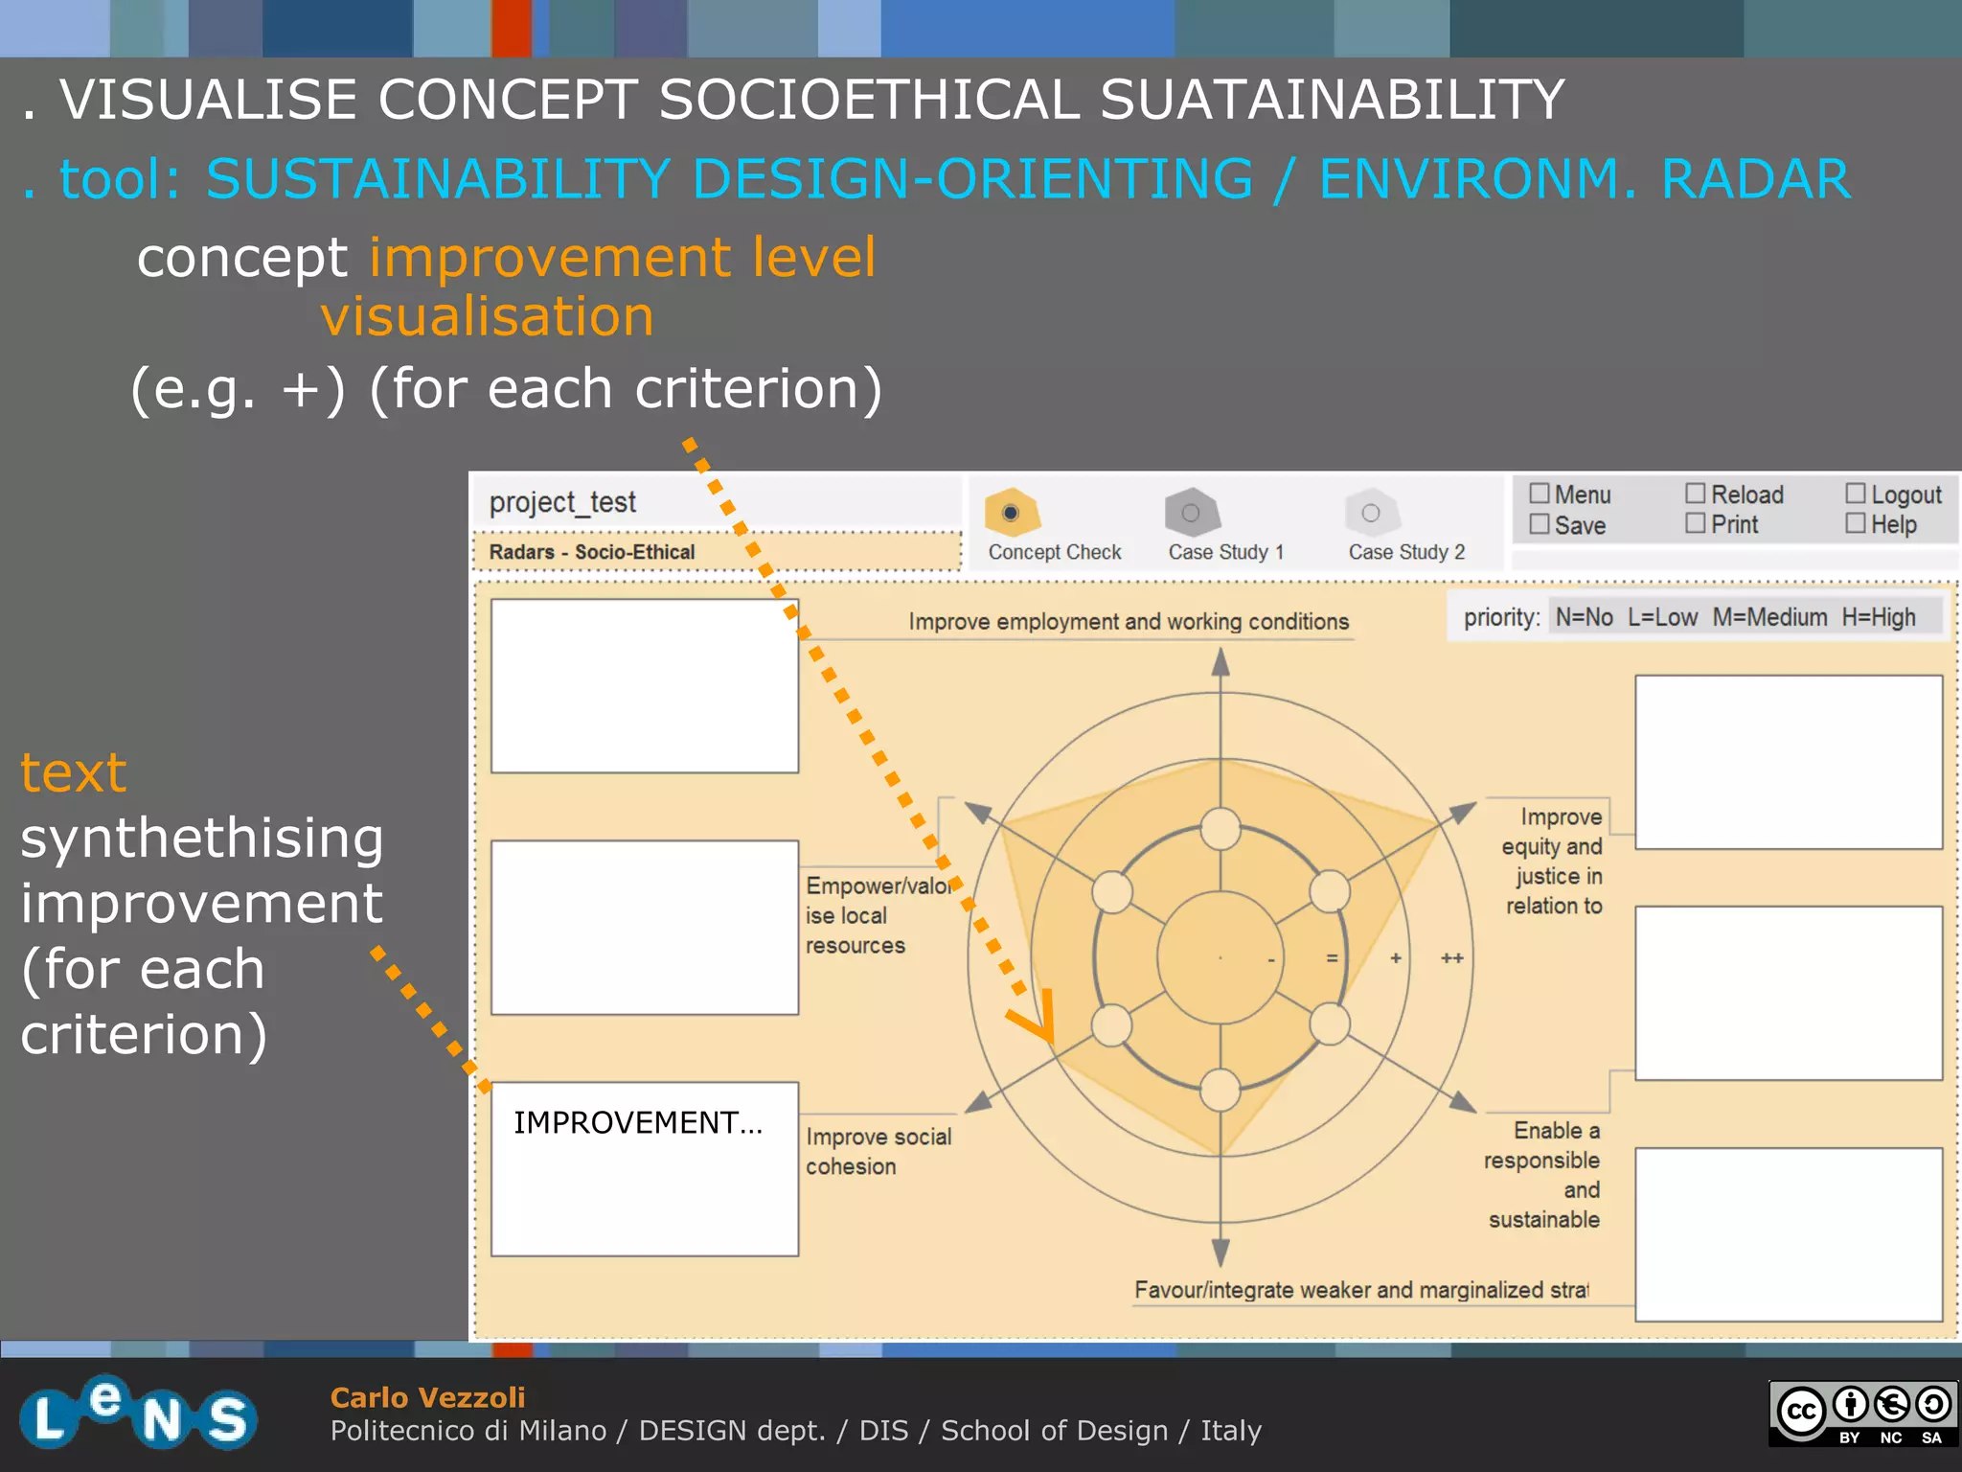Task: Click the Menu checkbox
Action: coord(1540,494)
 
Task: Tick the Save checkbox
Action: coord(1540,524)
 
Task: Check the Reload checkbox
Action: coord(1696,494)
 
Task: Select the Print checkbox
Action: coord(1696,523)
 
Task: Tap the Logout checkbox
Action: coord(1856,494)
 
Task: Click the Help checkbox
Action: coord(1856,523)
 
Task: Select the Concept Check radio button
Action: coord(1010,513)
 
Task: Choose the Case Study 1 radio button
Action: coord(1191,513)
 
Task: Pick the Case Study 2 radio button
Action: coord(1371,513)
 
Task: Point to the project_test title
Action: coord(562,502)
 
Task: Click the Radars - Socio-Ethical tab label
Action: coord(592,552)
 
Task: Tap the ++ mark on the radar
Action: coord(1452,958)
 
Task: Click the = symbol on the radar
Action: coord(1332,958)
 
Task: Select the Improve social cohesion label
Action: coord(878,1151)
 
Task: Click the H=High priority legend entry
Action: coord(1879,617)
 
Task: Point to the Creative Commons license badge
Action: coord(1862,1413)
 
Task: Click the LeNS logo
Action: coord(138,1413)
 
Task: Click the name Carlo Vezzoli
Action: coord(427,1397)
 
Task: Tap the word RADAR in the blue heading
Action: coord(1755,179)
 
